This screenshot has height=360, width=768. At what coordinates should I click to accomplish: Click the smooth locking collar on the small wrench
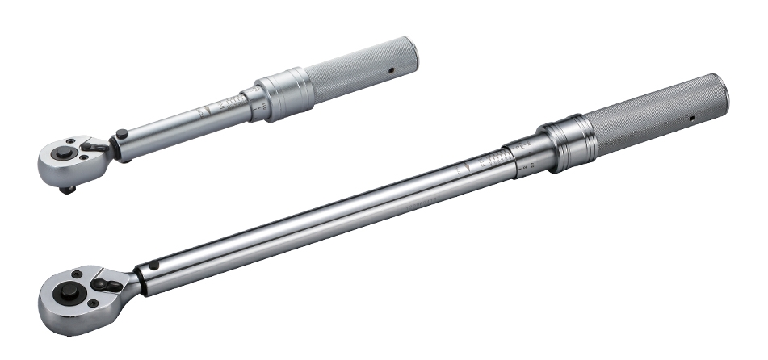(283, 94)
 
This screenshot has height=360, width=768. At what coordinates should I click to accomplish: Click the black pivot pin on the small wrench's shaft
(121, 134)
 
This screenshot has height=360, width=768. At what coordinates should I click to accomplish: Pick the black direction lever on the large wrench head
(108, 283)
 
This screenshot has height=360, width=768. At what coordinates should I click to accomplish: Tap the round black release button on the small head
(61, 151)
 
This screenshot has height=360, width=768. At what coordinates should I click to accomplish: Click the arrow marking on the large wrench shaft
(462, 170)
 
